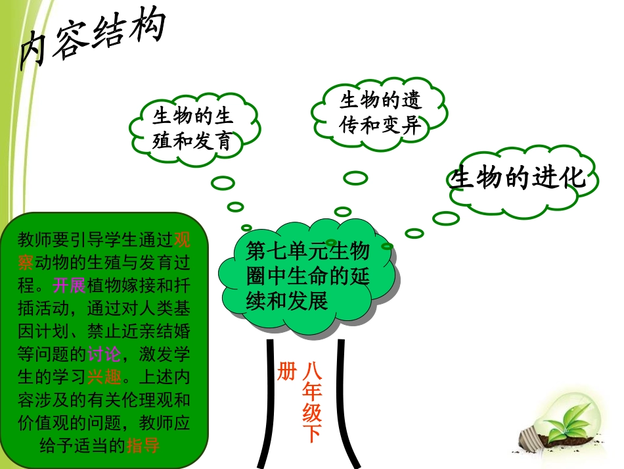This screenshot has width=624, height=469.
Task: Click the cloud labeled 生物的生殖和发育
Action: point(192,130)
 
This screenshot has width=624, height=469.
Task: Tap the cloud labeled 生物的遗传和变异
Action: point(380,112)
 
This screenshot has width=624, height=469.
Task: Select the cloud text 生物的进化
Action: point(517,178)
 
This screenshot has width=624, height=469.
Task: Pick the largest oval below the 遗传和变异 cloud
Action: point(355,178)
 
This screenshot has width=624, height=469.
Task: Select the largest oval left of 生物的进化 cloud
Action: point(446,218)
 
